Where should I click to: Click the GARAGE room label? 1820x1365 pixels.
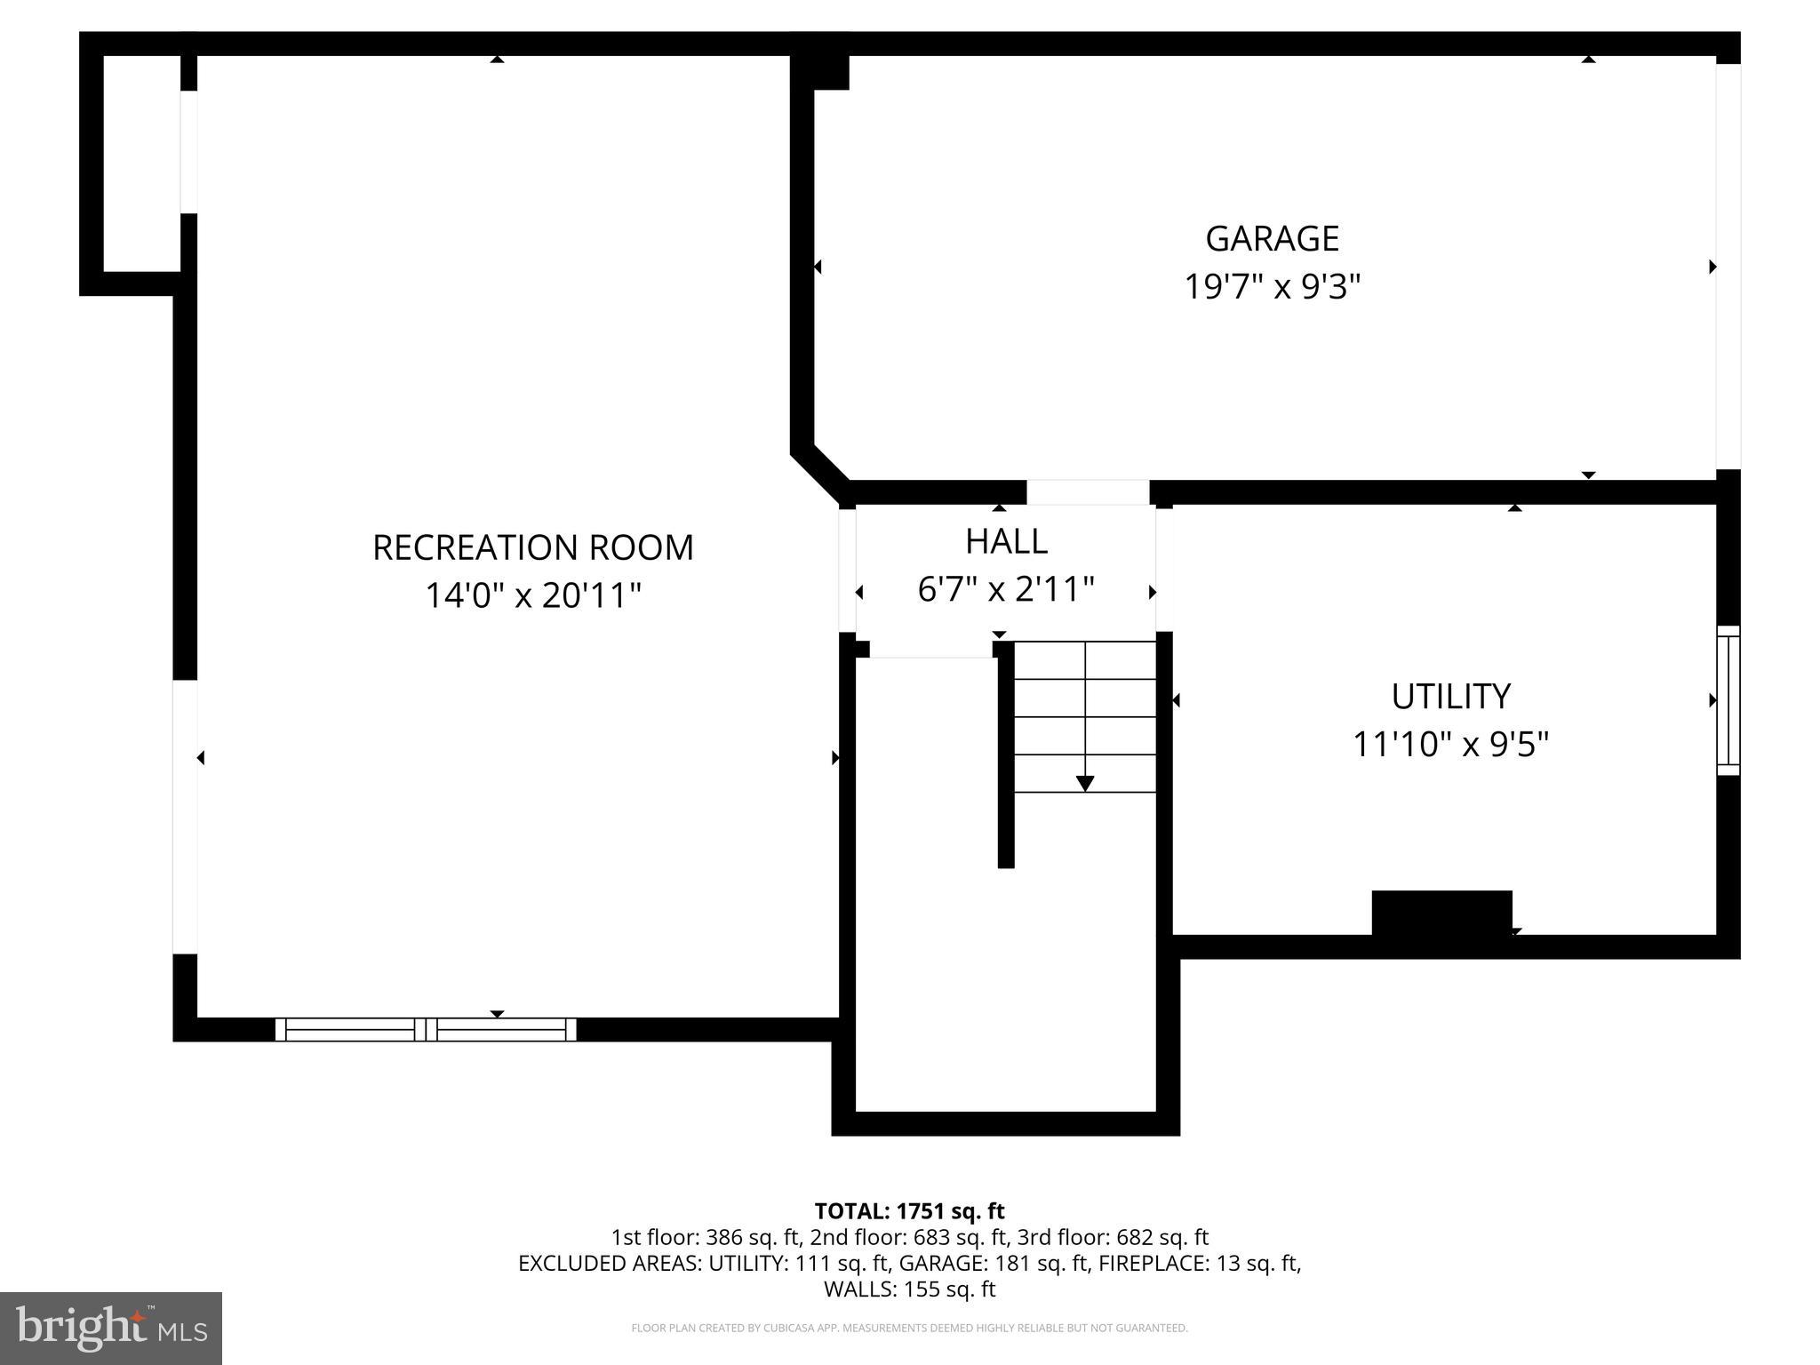[1272, 238]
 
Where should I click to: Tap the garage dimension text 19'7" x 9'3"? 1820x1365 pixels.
[1272, 287]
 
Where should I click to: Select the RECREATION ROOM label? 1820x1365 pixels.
[532, 547]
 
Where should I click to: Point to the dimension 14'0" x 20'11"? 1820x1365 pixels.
[532, 595]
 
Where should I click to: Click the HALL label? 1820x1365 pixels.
[1006, 541]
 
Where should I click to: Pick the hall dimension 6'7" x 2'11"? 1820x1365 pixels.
[1006, 589]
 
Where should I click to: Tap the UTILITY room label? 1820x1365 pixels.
[1450, 696]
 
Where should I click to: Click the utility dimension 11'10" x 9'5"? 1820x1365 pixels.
[1450, 744]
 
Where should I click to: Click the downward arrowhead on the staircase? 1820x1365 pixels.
[1085, 783]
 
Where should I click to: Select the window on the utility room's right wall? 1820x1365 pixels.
[1728, 700]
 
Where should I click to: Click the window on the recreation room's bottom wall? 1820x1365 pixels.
[426, 1029]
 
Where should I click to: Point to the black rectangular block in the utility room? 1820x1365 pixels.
[1441, 913]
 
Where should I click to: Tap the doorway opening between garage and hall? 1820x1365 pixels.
[1088, 492]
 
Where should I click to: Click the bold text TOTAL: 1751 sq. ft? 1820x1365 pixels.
[909, 1211]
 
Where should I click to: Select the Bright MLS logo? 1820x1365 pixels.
[111, 1328]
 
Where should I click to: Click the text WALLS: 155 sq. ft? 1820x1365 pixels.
[909, 1289]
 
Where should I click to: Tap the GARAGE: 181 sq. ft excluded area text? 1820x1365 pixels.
[994, 1263]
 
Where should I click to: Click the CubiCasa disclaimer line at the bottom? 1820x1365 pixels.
[909, 1329]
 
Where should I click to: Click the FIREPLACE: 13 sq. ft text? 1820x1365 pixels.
[1199, 1263]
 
